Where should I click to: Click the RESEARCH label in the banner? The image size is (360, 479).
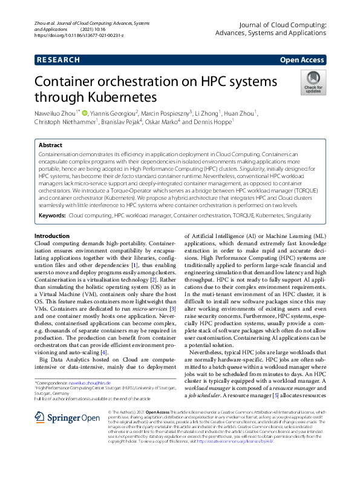pyautogui.click(x=58, y=60)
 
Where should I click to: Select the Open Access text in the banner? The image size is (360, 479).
pyautogui.click(x=301, y=60)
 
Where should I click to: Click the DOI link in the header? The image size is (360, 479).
pyautogui.click(x=79, y=36)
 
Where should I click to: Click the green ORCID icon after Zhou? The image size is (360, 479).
pyautogui.click(x=85, y=112)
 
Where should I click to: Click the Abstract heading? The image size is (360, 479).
pyautogui.click(x=50, y=146)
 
